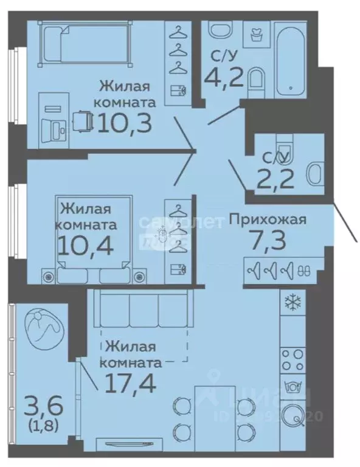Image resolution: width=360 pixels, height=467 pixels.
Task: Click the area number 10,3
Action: pos(123,123)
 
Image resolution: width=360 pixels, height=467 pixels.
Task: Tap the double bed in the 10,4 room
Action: pos(94,243)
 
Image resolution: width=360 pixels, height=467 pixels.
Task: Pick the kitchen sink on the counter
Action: pos(294,415)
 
